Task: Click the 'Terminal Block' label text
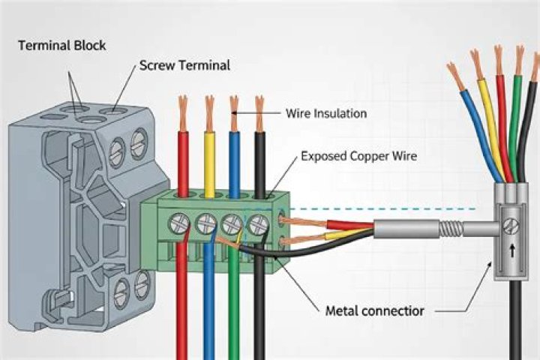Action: pyautogui.click(x=62, y=46)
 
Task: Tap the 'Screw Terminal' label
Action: pyautogui.click(x=184, y=66)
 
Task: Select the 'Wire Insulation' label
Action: pyautogui.click(x=326, y=114)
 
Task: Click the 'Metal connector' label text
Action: pyautogui.click(x=375, y=310)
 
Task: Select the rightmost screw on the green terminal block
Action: pyautogui.click(x=257, y=223)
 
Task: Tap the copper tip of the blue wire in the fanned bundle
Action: pyautogui.click(x=455, y=76)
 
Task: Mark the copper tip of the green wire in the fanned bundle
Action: pyautogui.click(x=519, y=60)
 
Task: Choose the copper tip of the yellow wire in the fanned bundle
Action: pyautogui.click(x=476, y=64)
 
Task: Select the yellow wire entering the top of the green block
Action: pyautogui.click(x=209, y=161)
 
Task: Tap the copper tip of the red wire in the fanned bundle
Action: pyautogui.click(x=498, y=59)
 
